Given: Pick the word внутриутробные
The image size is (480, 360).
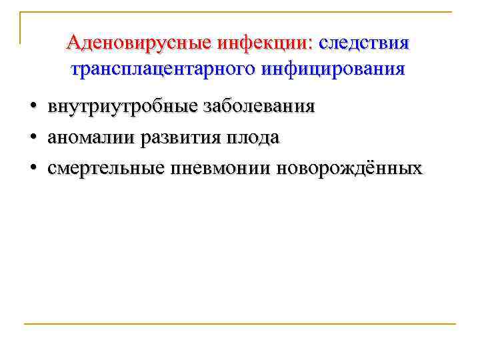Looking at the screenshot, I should coord(119,107).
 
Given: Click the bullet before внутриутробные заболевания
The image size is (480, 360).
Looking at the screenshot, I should coord(31,107).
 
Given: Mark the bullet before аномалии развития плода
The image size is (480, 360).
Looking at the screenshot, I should coord(31,138).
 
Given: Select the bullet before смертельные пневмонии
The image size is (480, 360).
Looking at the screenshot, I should coord(31,169).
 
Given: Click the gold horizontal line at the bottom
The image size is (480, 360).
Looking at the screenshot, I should coord(240,324).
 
